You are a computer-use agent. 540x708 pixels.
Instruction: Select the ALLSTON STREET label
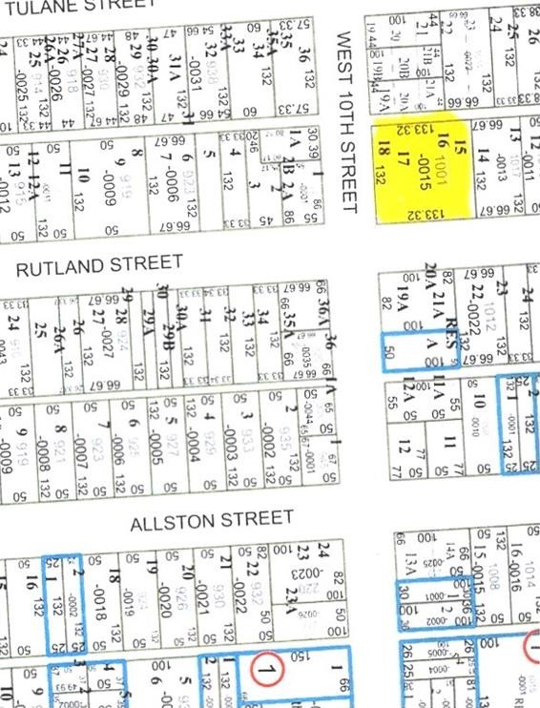tap(212, 520)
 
